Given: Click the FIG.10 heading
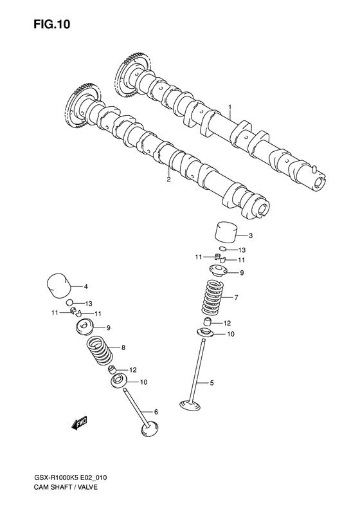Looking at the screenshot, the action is pos(51,24).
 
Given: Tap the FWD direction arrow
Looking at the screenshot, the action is pos(79,423).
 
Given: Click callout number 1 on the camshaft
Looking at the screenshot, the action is pos(230,107).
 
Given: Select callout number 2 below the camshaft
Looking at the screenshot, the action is pos(168,179).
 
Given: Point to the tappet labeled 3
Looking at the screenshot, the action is pos(226,232).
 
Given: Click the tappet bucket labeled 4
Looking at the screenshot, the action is pos(59,286).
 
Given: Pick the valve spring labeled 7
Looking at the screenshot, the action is pos(212,297).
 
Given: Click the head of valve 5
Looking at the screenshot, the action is pos(190,405).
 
